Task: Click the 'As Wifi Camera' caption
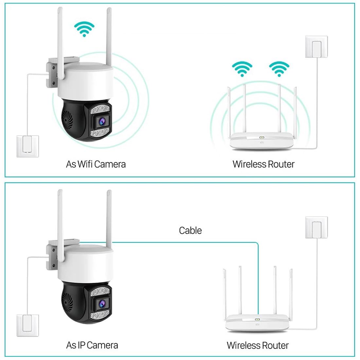point(96,164)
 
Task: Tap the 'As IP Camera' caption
point(92,345)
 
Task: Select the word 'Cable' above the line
point(190,230)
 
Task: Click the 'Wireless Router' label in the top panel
point(263,164)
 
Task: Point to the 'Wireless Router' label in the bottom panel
point(258,345)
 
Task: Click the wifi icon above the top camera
point(84,29)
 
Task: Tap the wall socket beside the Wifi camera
point(28,146)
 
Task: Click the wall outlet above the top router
point(316,47)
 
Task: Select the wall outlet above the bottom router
point(316,227)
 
